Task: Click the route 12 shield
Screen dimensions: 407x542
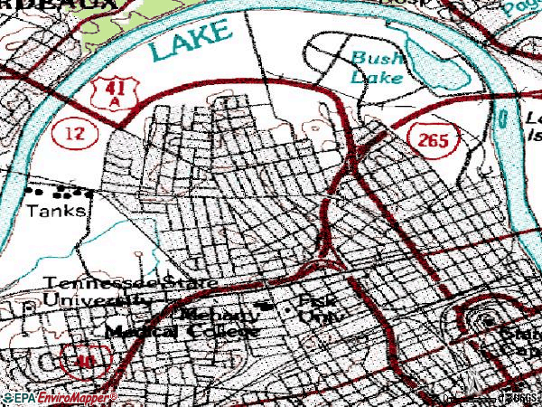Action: point(70,133)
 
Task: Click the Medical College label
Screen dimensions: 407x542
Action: point(181,331)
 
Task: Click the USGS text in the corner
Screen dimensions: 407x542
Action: point(521,397)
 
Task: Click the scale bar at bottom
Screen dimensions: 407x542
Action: point(461,396)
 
